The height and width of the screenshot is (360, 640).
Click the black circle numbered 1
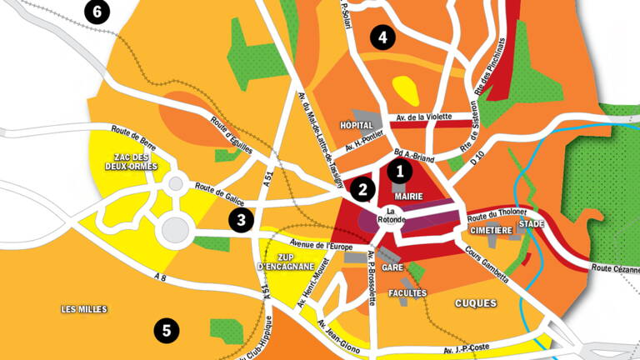click(x=400, y=172)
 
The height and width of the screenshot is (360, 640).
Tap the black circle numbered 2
click(x=362, y=190)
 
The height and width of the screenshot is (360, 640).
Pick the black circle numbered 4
click(x=382, y=37)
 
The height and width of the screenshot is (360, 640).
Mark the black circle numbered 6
click(x=97, y=12)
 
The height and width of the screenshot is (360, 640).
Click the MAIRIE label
click(x=397, y=197)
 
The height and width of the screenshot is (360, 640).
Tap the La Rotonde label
click(x=395, y=215)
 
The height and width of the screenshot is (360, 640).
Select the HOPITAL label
click(x=357, y=125)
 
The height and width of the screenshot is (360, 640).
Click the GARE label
click(x=392, y=268)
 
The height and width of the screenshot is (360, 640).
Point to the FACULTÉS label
click(x=408, y=293)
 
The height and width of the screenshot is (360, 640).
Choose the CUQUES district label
click(x=477, y=303)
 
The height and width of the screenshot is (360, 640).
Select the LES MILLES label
click(x=84, y=309)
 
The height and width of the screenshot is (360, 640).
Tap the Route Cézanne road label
click(x=615, y=268)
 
